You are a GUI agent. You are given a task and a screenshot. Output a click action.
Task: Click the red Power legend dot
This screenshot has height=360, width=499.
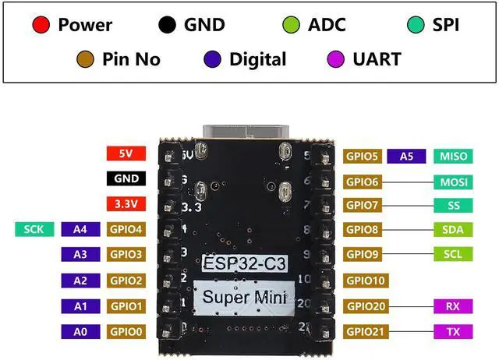pos(41,25)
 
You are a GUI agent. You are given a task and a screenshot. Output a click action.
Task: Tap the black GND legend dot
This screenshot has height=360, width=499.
pos(167,25)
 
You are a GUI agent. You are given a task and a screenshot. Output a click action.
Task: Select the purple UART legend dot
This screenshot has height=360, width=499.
pos(337,59)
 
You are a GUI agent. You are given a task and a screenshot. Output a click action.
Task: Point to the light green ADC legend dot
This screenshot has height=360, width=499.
pos(291,25)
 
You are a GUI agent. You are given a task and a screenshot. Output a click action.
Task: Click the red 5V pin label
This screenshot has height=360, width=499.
pos(126,154)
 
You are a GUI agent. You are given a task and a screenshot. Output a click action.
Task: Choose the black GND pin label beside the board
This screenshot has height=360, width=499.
pos(126,178)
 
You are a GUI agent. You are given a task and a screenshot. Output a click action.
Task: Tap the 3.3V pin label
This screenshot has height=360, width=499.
pos(126,205)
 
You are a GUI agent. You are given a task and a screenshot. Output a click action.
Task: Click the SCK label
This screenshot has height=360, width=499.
pos(34,229)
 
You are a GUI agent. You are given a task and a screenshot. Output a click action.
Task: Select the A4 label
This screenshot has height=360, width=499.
pos(80,229)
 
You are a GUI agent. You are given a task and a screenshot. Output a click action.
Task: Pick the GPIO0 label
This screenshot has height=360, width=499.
pos(126,331)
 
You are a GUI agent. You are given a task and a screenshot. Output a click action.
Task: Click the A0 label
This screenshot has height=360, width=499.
pos(80,331)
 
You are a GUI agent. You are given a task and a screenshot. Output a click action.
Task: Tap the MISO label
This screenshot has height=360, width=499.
pos(453,156)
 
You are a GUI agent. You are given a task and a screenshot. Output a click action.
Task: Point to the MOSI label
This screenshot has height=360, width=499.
pos(453,182)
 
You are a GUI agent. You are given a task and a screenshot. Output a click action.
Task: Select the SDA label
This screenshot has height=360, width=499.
pos(453,230)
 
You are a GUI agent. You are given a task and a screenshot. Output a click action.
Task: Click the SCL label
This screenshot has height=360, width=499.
pos(453,255)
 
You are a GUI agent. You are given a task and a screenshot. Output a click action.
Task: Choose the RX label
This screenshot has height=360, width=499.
pos(453,306)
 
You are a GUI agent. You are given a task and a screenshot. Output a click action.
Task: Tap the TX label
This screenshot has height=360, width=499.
pos(453,332)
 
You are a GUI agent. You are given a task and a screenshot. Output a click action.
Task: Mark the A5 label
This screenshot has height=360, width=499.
pos(406,156)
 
